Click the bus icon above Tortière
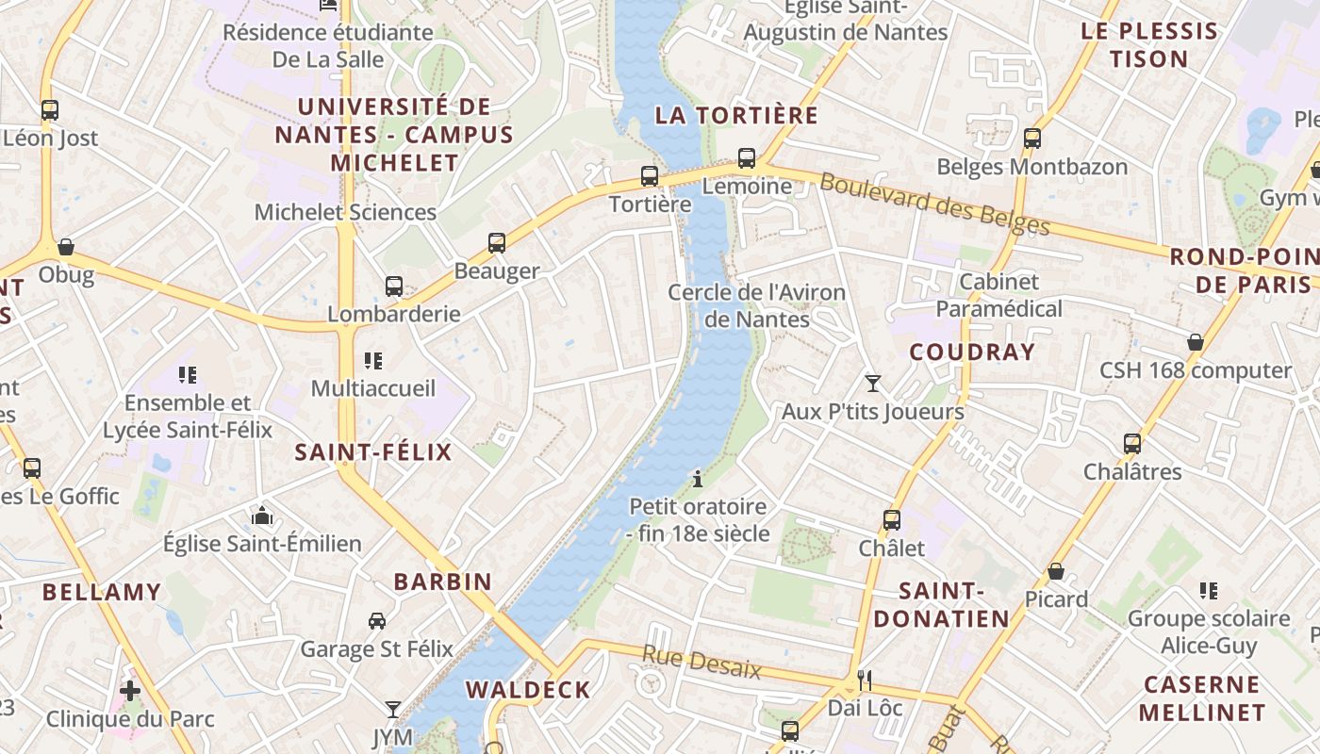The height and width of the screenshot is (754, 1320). (649, 175)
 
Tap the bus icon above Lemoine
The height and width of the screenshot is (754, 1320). (747, 157)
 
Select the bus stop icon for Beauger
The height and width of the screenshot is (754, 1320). (497, 242)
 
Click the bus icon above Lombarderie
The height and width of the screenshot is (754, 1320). (394, 286)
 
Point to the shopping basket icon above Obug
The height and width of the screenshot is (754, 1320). (66, 247)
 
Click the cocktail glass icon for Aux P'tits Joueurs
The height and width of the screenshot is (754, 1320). (873, 383)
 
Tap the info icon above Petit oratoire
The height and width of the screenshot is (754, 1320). (698, 479)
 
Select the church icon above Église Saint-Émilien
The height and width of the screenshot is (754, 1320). (262, 516)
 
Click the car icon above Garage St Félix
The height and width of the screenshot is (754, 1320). (377, 620)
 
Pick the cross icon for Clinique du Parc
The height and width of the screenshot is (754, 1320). (130, 691)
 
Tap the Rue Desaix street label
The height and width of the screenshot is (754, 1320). (701, 663)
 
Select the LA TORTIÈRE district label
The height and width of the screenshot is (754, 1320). (736, 115)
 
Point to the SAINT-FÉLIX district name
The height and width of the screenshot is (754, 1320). (373, 451)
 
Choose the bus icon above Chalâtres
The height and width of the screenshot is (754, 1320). (1132, 443)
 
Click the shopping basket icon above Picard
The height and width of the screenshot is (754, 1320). (1056, 571)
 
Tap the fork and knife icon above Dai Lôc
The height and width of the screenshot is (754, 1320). (865, 680)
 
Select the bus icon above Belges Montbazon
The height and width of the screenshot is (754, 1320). (1032, 139)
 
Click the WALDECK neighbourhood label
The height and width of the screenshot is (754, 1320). (528, 689)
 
